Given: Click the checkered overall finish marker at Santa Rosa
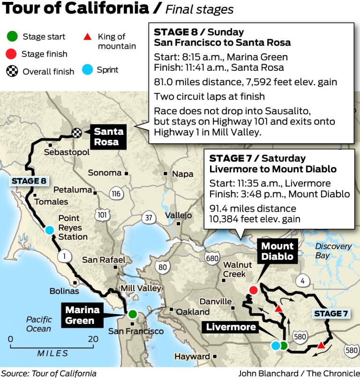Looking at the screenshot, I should click(x=77, y=132).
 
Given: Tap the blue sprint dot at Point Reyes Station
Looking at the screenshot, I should click(x=49, y=230).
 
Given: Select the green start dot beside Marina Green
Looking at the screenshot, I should click(x=133, y=314).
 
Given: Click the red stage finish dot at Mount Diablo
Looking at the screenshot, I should click(x=253, y=290).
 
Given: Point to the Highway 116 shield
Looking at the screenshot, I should click(x=116, y=193).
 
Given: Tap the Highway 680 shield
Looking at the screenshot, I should click(x=212, y=257).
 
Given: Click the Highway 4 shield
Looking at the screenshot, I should click(x=302, y=281).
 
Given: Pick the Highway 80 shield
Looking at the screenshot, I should click(x=163, y=267).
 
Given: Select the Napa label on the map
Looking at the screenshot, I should click(x=182, y=174).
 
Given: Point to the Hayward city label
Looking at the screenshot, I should click(x=192, y=356).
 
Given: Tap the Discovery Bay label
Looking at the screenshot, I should click(x=333, y=250).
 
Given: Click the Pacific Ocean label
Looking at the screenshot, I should click(x=39, y=324).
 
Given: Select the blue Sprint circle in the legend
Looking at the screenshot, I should click(x=87, y=70).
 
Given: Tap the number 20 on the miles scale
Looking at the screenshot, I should click(x=93, y=339).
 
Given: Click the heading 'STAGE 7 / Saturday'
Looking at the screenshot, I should click(x=257, y=158).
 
